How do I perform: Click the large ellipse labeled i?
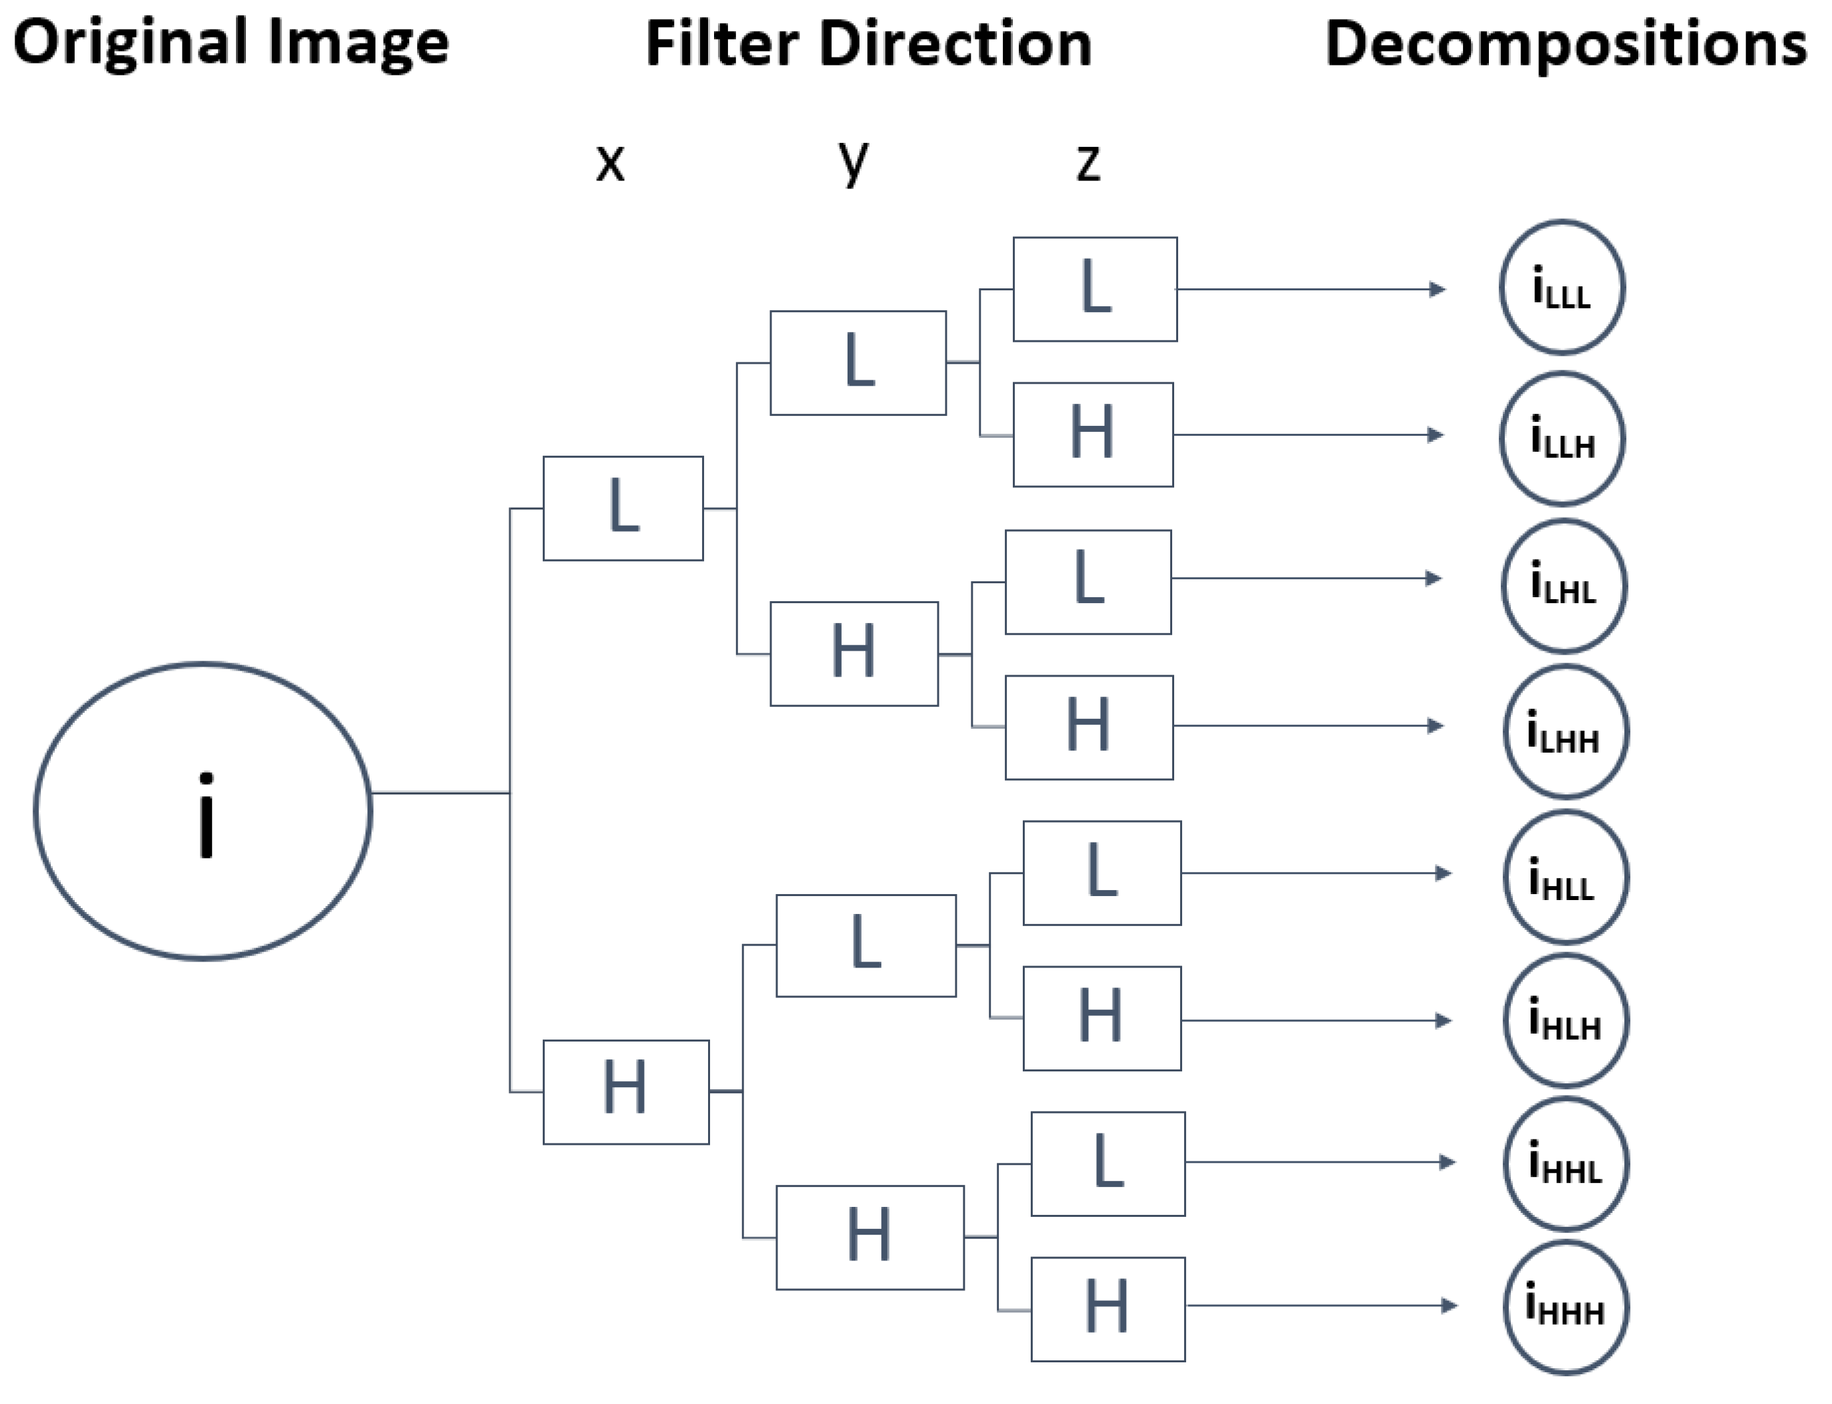203,811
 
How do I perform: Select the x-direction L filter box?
623,508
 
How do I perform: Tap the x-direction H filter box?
625,1091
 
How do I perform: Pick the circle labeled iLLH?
1562,438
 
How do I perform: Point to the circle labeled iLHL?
1563,585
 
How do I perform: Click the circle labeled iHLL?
1565,877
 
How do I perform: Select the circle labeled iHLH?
1565,1021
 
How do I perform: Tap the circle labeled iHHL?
1565,1163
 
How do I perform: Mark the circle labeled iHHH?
1565,1307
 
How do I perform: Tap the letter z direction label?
1088,163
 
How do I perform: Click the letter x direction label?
610,162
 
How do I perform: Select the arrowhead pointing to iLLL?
1437,289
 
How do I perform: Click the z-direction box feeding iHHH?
1107,1309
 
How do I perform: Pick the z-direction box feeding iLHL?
1088,582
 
